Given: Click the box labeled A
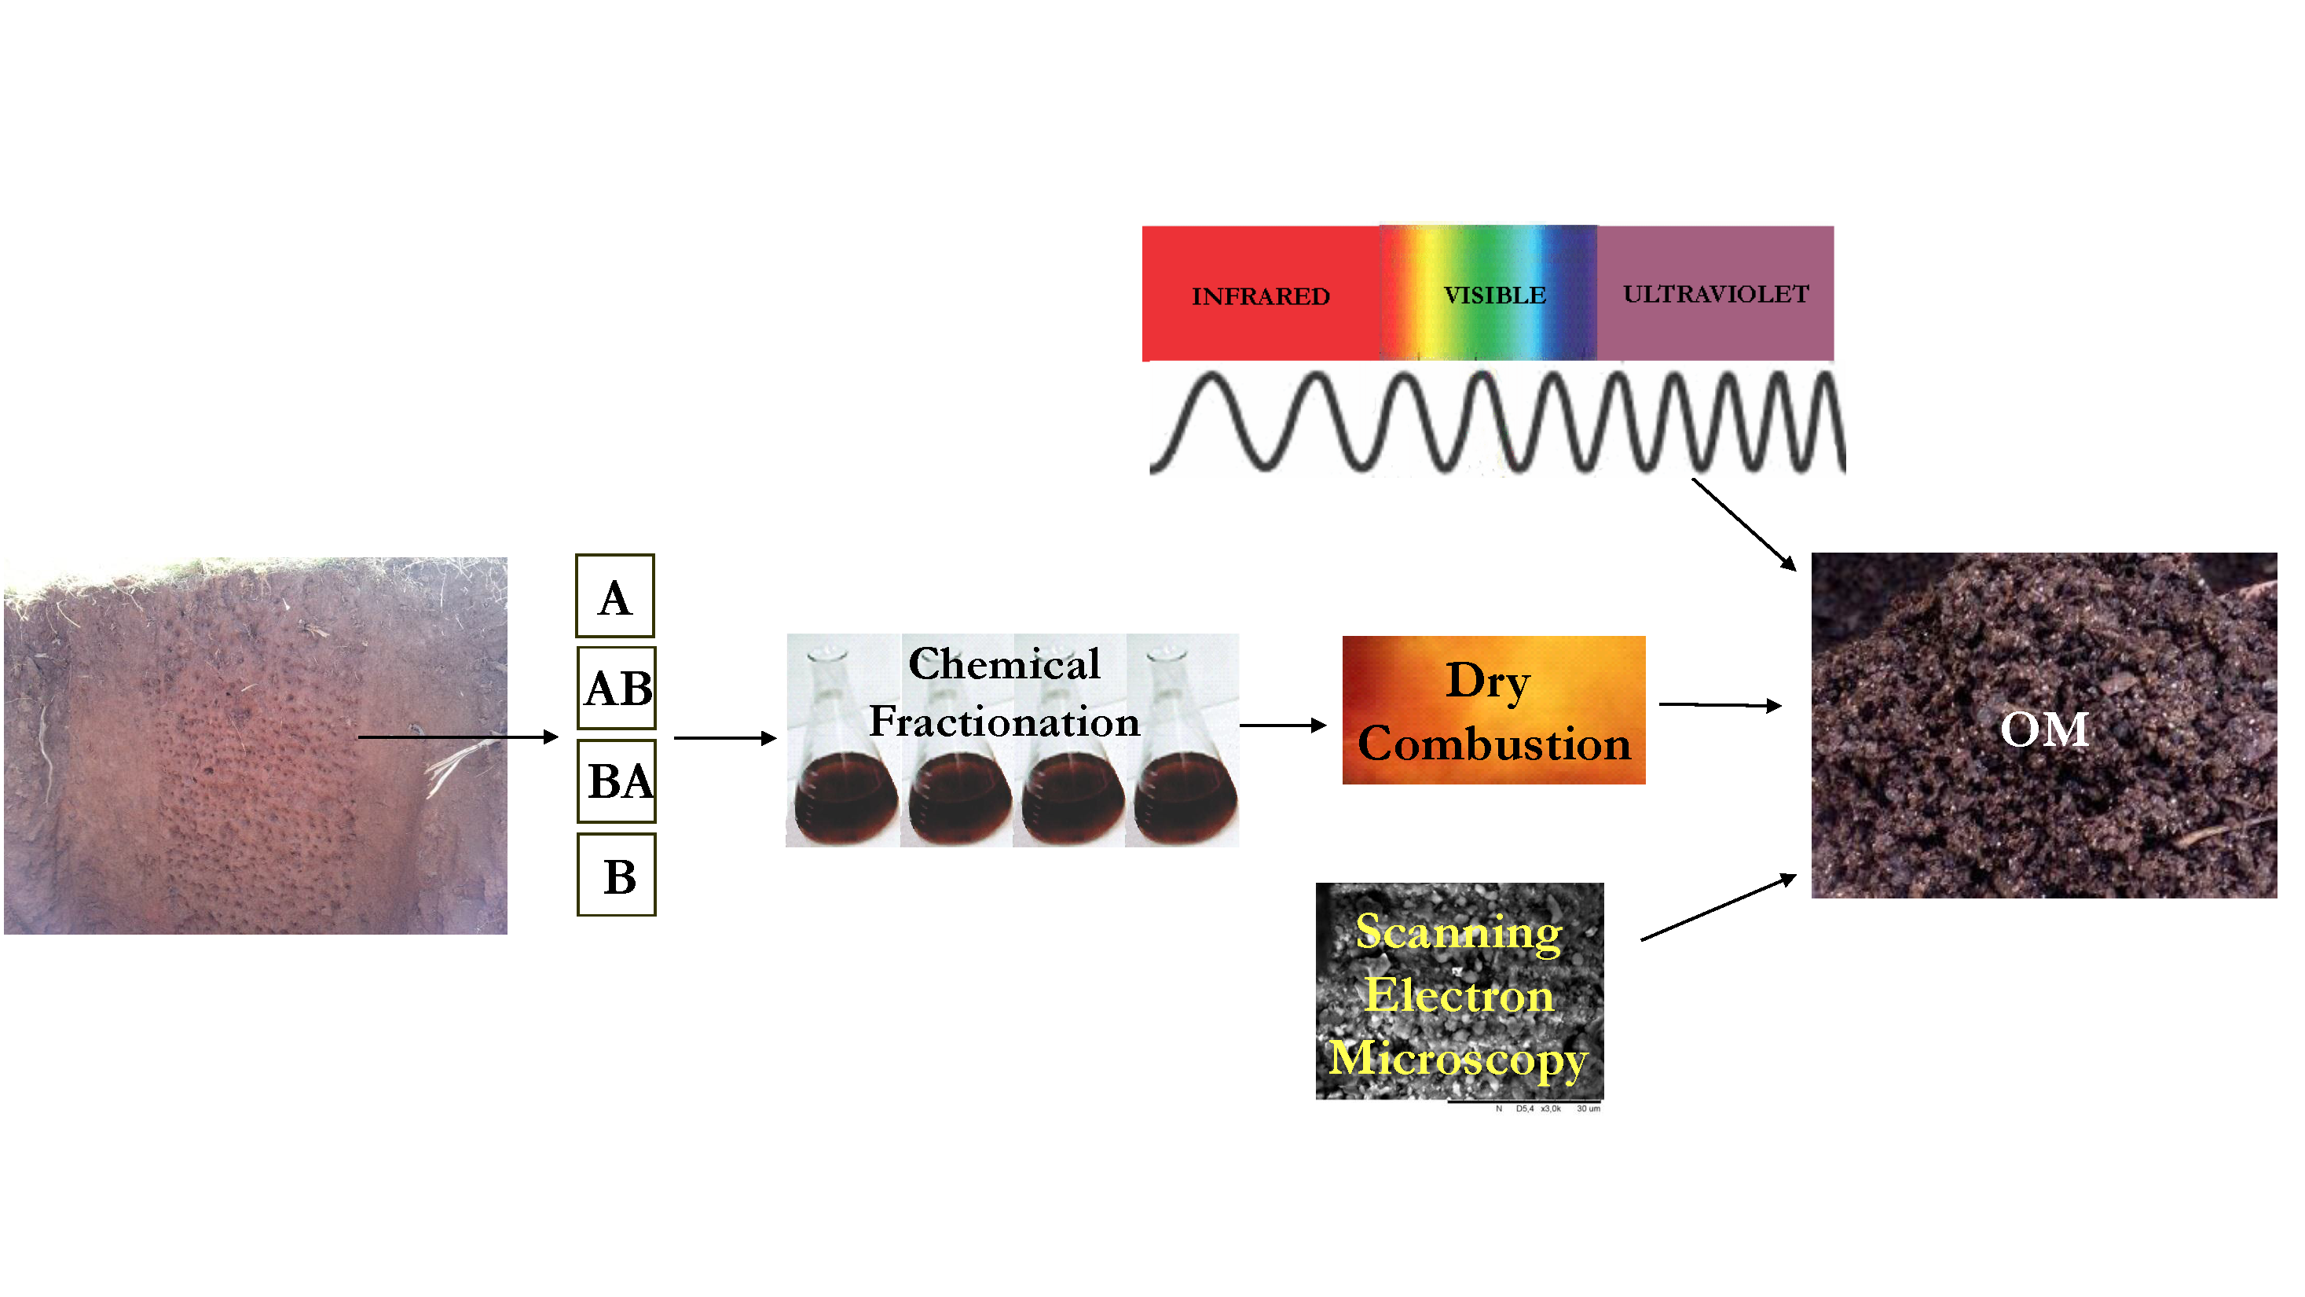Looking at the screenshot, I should coord(614,596).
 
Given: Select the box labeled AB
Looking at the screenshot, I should coord(617,689).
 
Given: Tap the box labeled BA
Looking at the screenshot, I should coord(617,781).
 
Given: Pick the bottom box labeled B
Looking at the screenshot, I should coord(617,876).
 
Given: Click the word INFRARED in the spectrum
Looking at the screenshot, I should coord(1260,296).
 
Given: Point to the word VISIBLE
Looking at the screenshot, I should coord(1494,296).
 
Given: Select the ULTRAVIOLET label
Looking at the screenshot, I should coord(1715,295).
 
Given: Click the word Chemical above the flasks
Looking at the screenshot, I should coord(1004,664).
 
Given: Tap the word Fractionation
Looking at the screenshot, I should coord(1004,722).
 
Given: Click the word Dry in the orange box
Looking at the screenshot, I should coord(1488,682).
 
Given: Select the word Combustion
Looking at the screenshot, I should coord(1494,744).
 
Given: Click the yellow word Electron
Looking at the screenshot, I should coord(1460,995).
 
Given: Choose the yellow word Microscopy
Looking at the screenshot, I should coord(1459,1059).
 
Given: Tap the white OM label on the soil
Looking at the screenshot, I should coord(2045,729).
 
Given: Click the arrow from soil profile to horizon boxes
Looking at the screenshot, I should coord(456,737).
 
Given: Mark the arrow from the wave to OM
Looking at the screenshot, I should coord(1743,524).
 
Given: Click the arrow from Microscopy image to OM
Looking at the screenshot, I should coord(1718,908).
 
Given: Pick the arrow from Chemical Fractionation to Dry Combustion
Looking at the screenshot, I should coord(1282,725).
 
